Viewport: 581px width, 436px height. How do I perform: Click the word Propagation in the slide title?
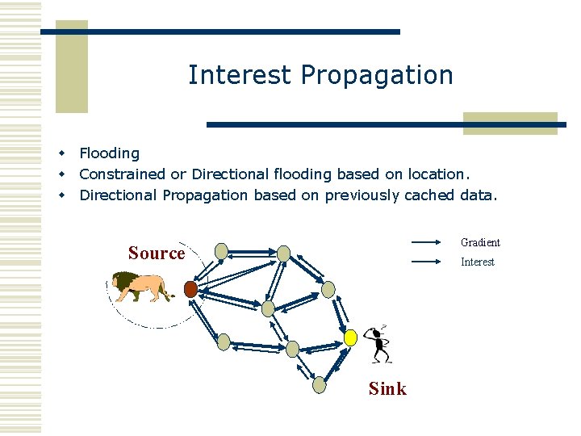tap(377, 76)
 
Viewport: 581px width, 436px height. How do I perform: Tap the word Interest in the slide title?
tap(240, 75)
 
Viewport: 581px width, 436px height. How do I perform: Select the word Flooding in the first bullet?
tap(109, 153)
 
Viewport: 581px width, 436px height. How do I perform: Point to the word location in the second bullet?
tap(437, 174)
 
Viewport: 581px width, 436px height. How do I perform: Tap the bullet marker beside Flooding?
tap(60, 153)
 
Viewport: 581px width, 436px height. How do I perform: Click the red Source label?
tap(157, 253)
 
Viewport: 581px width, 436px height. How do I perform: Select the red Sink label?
tap(387, 388)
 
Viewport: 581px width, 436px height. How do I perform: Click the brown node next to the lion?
tap(190, 289)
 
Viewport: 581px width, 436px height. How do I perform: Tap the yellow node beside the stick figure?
tap(350, 337)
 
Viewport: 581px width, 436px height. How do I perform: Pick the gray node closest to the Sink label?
tap(320, 385)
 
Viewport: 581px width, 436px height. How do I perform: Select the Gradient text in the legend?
tap(480, 242)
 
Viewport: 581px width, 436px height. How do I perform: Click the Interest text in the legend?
tap(477, 262)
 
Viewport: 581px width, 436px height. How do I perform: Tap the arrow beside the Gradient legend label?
tap(428, 242)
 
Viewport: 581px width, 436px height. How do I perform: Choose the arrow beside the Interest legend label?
tap(428, 262)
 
